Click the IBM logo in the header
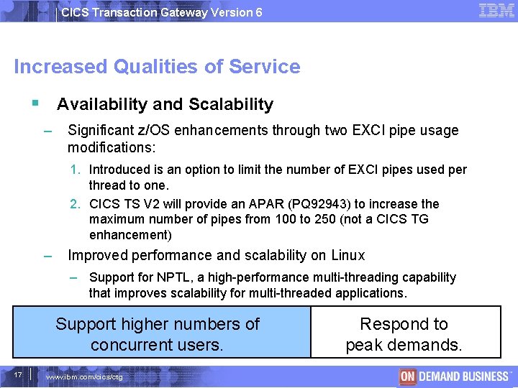point(496,10)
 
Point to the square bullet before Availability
point(35,103)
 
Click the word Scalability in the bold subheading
point(231,104)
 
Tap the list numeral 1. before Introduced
point(76,170)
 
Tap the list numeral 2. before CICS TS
point(76,204)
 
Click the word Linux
point(347,255)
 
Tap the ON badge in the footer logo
point(409,377)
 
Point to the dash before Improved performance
point(47,256)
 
